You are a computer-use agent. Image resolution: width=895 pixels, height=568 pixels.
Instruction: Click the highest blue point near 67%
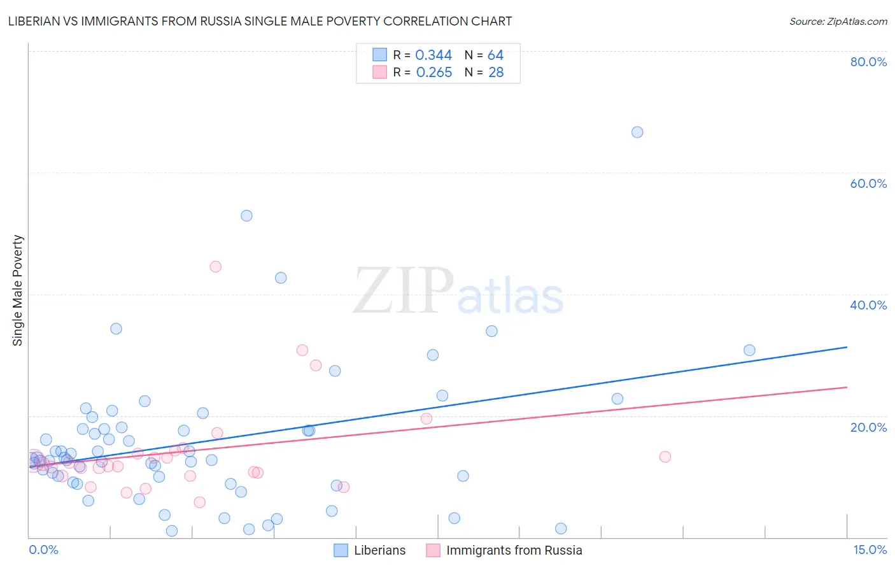pos(637,132)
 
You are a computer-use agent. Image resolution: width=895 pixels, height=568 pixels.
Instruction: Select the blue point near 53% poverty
pos(246,216)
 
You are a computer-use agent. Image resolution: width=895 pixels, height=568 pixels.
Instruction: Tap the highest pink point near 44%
pos(215,267)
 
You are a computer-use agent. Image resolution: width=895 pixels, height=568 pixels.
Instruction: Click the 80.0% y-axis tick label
pos(868,62)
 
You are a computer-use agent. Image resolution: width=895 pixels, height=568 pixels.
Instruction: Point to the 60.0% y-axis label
pos(868,183)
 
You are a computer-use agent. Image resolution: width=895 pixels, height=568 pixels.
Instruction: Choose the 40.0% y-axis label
pos(868,305)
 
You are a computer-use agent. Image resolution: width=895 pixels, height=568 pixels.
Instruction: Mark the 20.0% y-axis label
pos(868,427)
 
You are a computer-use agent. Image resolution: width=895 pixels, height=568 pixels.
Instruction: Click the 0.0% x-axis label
pos(43,550)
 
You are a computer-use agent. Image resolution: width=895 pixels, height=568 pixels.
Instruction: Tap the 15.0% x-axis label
pos(870,550)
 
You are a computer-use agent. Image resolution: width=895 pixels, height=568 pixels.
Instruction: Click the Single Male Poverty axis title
pos(18,290)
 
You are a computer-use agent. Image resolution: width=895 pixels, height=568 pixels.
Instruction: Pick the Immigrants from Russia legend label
pos(514,550)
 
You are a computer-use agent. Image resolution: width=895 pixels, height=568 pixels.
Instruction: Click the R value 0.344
pos(433,55)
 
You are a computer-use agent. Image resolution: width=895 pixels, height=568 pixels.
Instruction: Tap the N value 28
pos(496,73)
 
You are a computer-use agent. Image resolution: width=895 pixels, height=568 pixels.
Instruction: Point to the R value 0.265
pos(433,73)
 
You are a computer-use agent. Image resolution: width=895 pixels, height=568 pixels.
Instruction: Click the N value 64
pos(495,55)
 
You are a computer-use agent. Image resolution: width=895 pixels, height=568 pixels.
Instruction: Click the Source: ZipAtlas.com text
pos(838,22)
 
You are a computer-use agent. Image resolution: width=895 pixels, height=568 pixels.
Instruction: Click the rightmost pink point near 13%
pos(665,457)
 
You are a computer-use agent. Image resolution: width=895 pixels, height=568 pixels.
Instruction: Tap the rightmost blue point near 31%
pos(749,350)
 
